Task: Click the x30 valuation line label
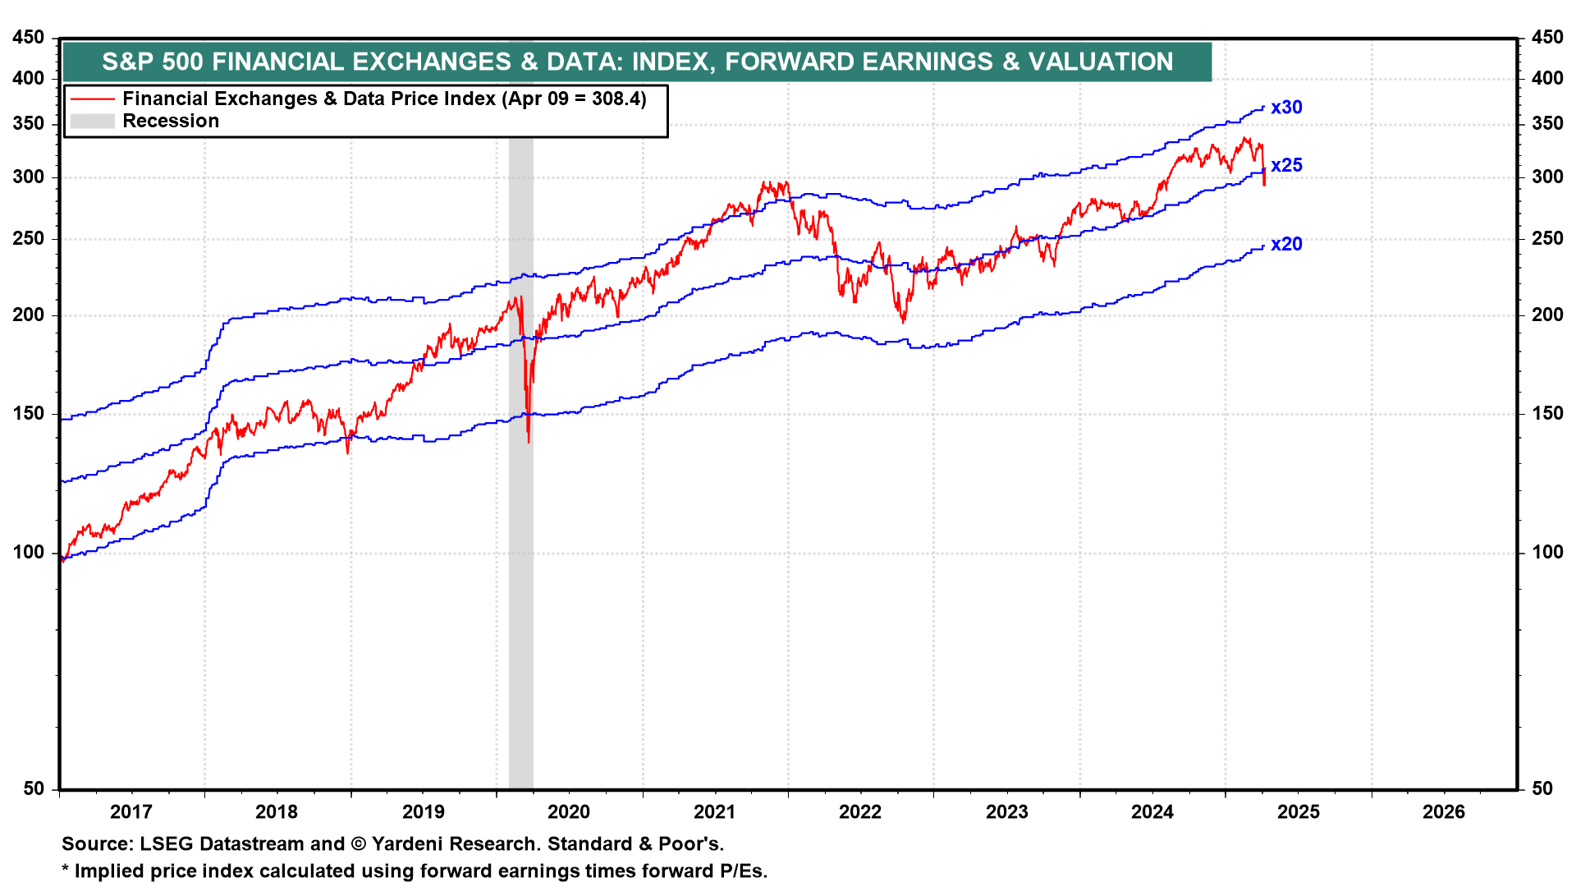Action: click(x=1286, y=108)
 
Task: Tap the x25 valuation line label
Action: click(x=1286, y=165)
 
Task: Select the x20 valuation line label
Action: click(x=1286, y=244)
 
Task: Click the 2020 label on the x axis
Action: click(x=569, y=812)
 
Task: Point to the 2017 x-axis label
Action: click(x=131, y=812)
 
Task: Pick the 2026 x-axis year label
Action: click(x=1444, y=812)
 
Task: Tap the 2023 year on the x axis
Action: click(x=1006, y=812)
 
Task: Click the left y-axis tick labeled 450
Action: click(x=30, y=38)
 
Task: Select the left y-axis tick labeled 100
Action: click(x=30, y=553)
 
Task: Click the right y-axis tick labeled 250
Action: click(x=1547, y=239)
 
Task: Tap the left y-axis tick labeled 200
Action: click(x=30, y=315)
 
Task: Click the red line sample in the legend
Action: click(x=92, y=99)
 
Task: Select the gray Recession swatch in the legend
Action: click(x=92, y=122)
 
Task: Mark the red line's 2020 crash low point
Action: click(x=529, y=442)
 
